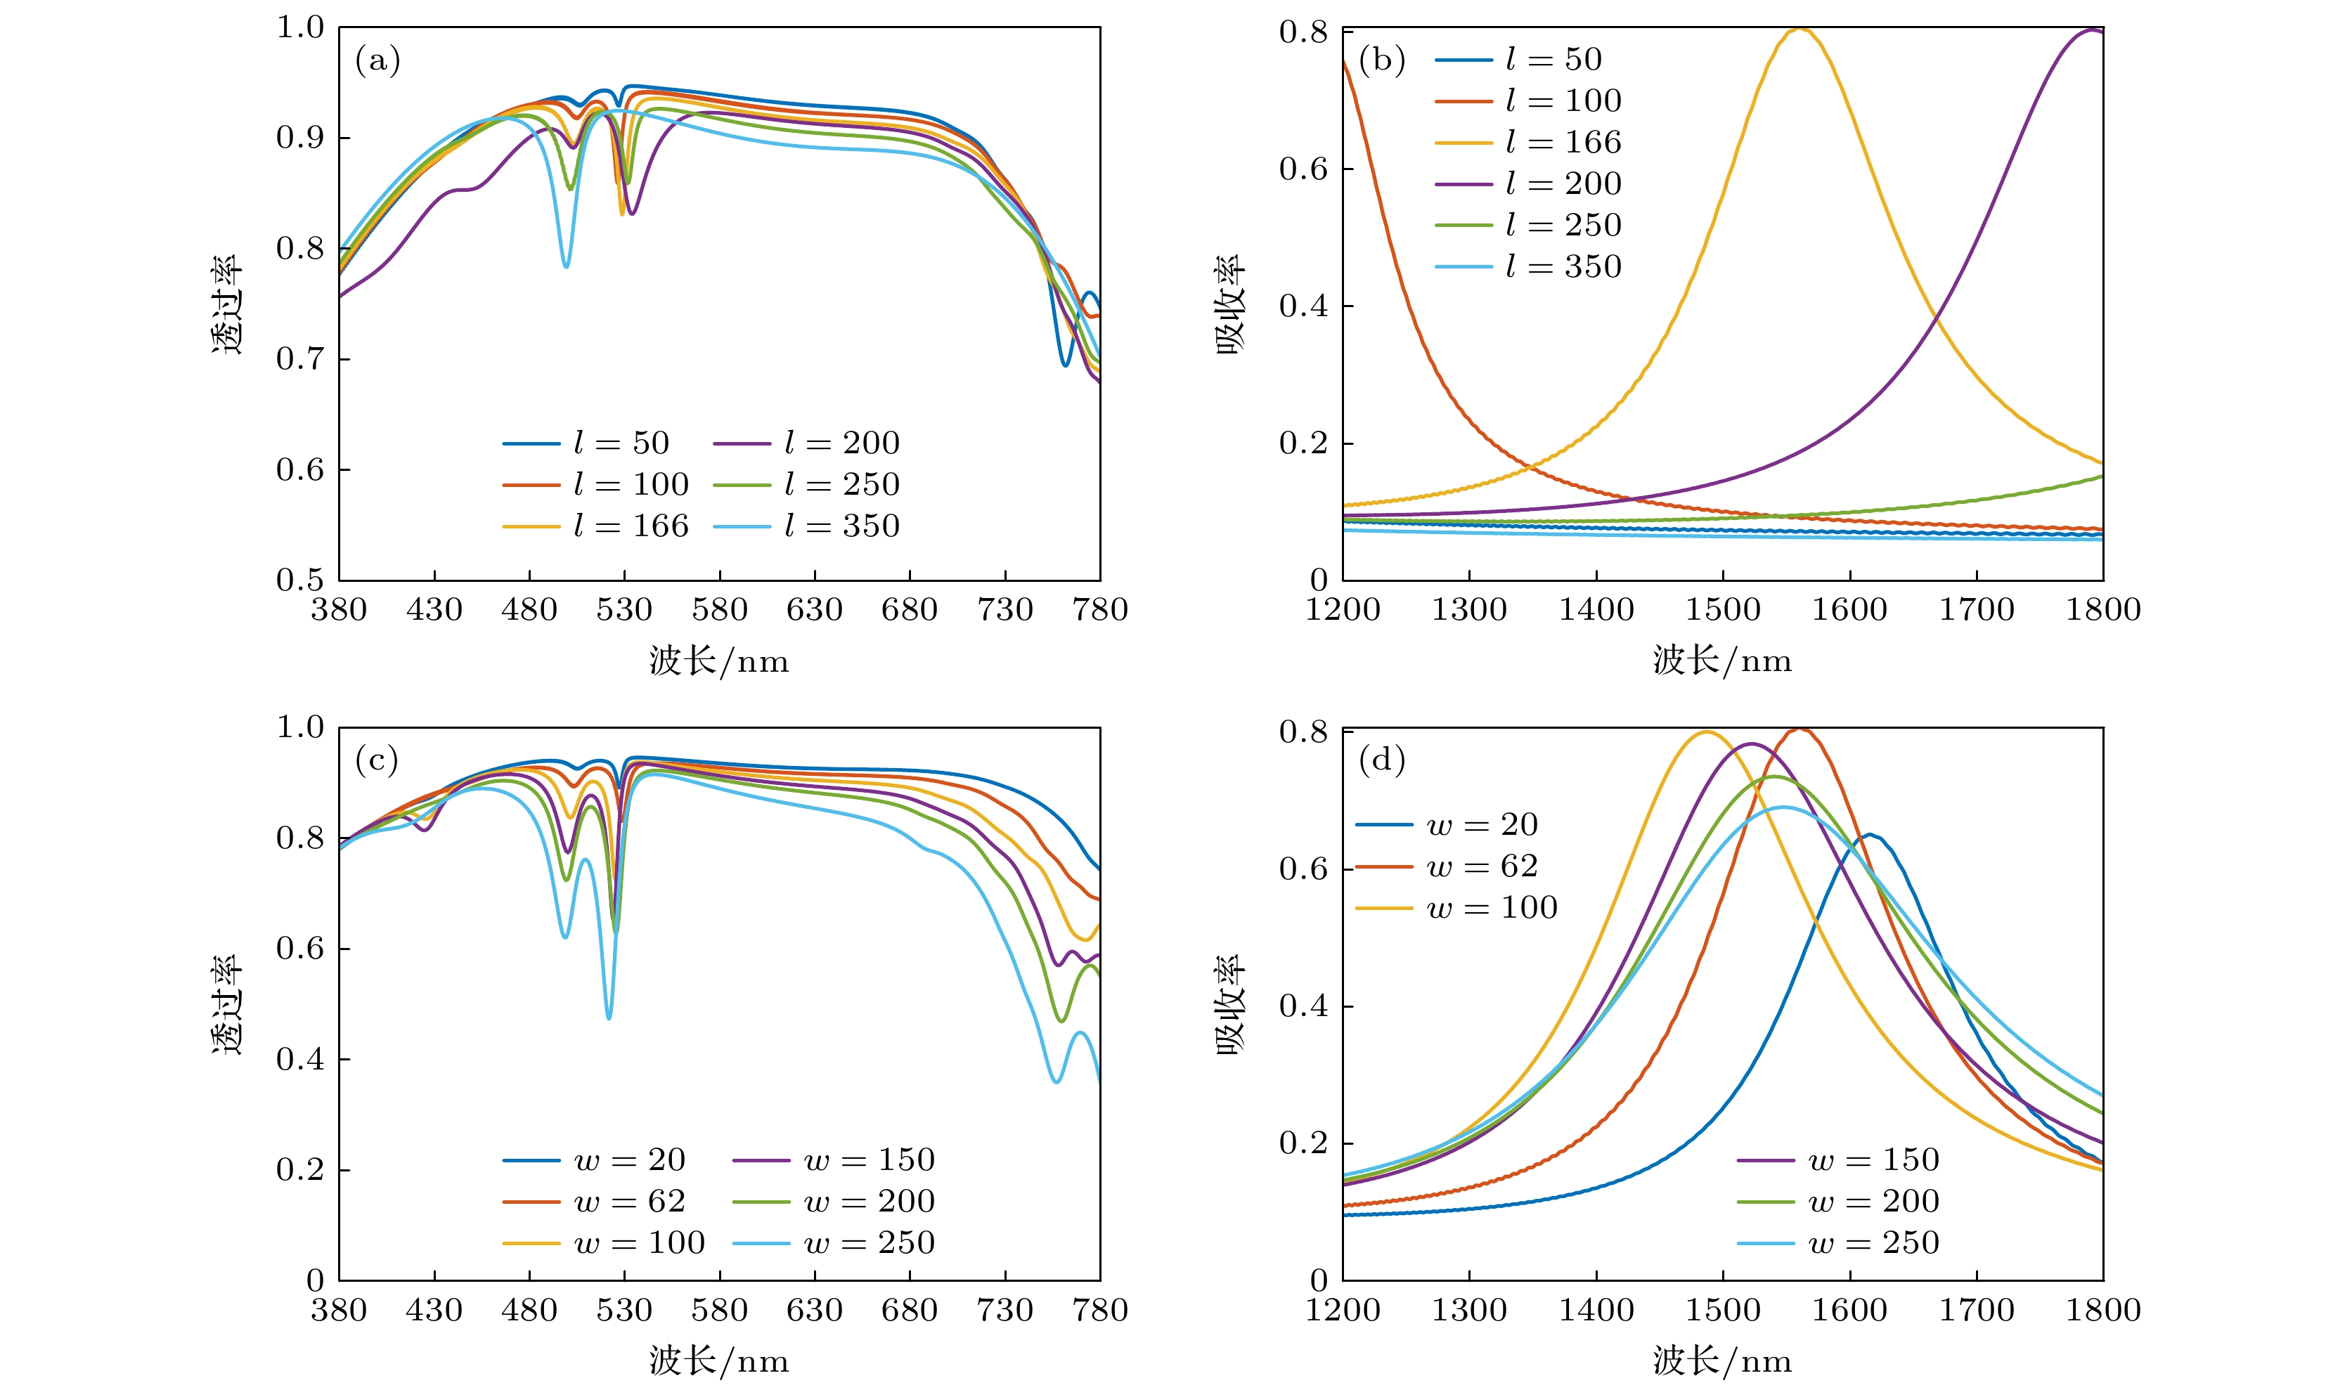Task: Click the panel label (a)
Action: pos(377,61)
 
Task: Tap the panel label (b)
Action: pos(1381,61)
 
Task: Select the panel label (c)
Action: pos(377,760)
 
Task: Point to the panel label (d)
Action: pos(1381,760)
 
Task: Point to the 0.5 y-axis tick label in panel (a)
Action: pos(299,580)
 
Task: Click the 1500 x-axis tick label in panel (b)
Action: pos(1723,610)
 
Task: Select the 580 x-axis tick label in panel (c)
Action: pos(719,1309)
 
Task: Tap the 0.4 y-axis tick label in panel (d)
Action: pos(1303,1006)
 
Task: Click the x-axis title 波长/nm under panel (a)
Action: pos(719,661)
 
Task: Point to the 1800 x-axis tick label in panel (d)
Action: pos(2104,1309)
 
